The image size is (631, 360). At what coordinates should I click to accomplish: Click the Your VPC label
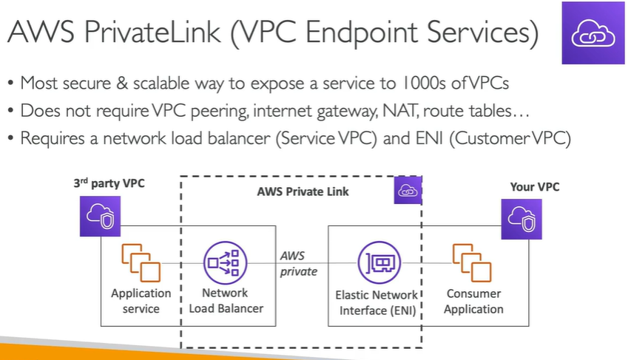coord(535,187)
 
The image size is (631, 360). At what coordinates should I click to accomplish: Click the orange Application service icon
coord(140,262)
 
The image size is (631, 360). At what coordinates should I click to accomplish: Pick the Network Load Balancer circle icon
coord(223,262)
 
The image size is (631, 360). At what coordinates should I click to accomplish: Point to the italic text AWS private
coord(298,264)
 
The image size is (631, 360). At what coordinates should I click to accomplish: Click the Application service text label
coord(141,301)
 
